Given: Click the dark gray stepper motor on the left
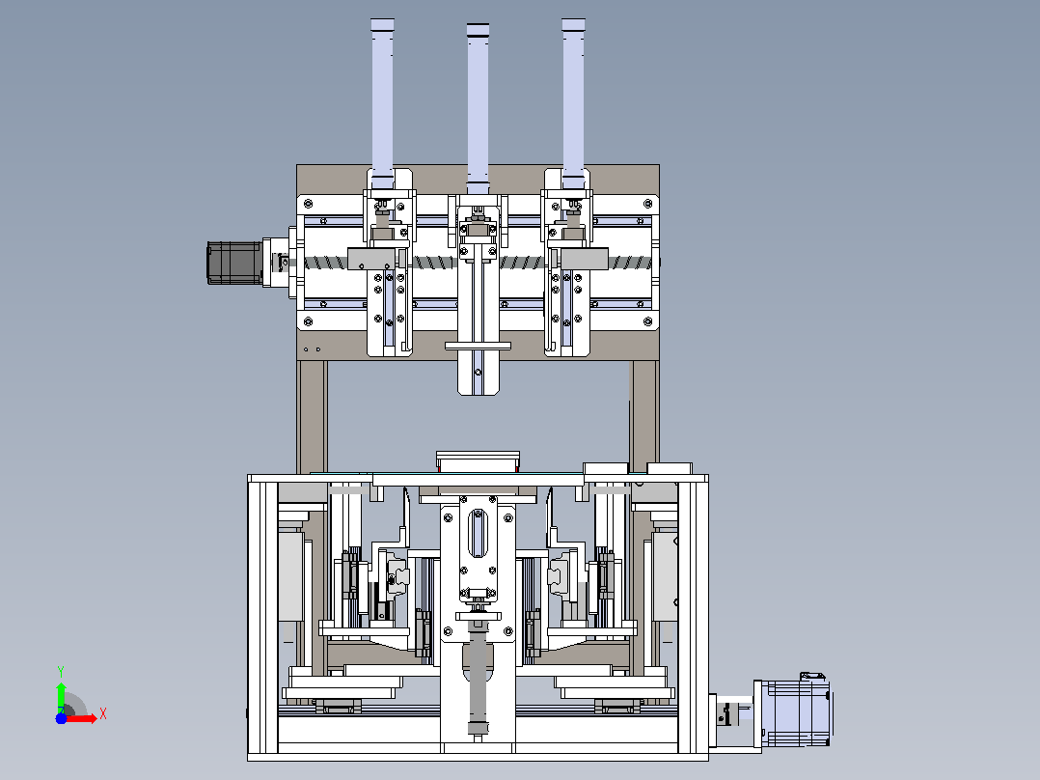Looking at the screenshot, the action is (x=234, y=263).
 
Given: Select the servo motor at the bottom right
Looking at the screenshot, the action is (x=795, y=711).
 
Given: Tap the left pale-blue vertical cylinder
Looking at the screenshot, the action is (x=382, y=103).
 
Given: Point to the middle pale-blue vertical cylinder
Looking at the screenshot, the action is (x=478, y=108).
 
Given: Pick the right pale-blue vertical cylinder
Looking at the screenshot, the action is (x=573, y=103).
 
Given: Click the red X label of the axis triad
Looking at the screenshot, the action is (x=103, y=714).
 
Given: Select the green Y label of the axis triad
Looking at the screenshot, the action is (x=61, y=672).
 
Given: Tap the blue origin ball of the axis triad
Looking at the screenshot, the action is (x=61, y=718).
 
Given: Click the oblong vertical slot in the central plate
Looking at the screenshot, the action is (x=478, y=534).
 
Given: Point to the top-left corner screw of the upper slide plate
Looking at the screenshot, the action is (x=308, y=203).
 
